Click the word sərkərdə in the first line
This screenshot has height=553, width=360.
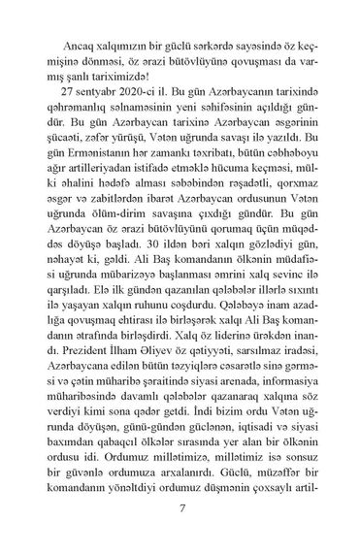tap(221, 18)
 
